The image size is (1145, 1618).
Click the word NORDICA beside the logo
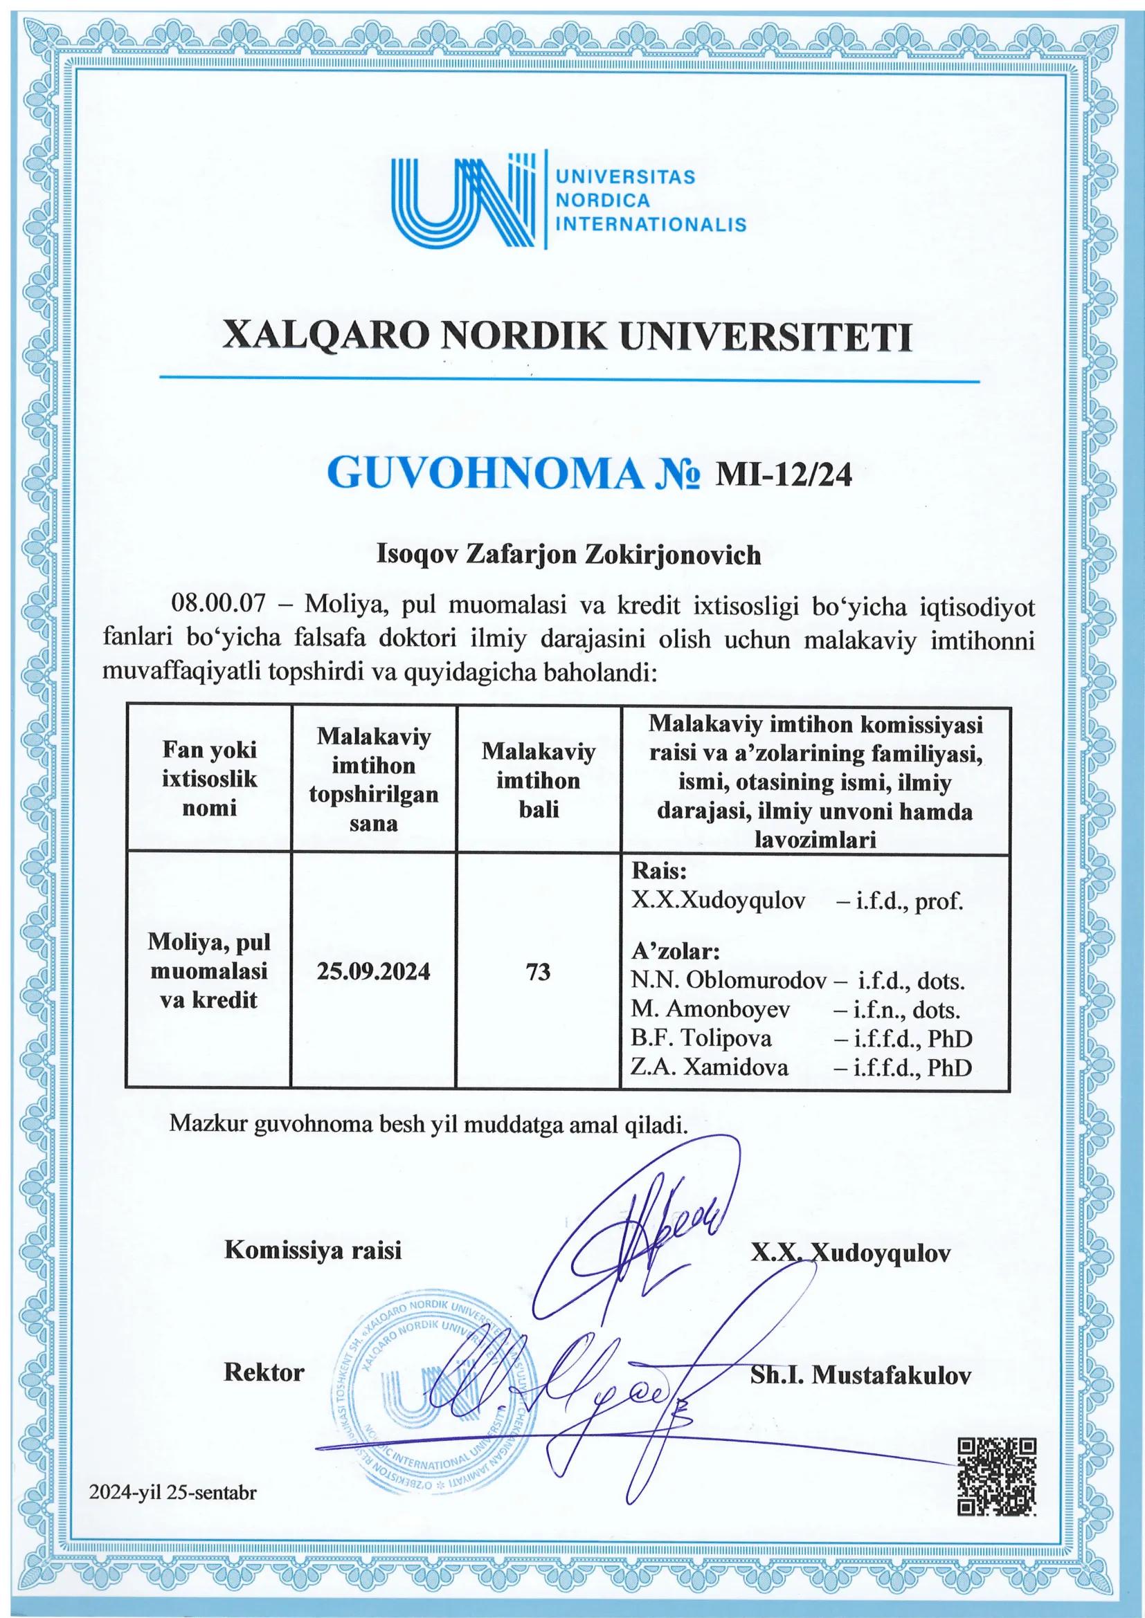(603, 200)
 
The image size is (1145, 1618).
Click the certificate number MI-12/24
(784, 477)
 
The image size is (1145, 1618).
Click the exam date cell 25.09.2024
(374, 972)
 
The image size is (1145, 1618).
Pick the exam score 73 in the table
(539, 972)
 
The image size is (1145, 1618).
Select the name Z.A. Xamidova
(710, 1067)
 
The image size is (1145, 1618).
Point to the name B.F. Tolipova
(701, 1038)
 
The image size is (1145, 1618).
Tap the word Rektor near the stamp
(264, 1372)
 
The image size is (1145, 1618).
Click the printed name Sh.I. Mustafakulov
(860, 1375)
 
